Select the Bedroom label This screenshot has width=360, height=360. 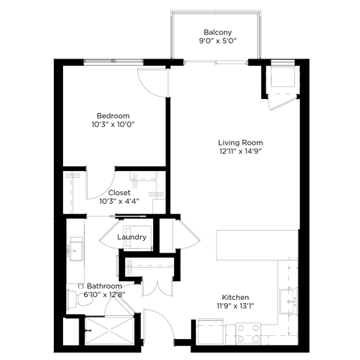pyautogui.click(x=112, y=115)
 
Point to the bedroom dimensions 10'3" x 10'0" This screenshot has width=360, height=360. pyautogui.click(x=112, y=125)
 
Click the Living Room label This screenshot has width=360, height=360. pyautogui.click(x=240, y=142)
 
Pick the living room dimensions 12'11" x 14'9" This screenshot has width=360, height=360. pyautogui.click(x=240, y=152)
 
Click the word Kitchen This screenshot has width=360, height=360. pyautogui.click(x=235, y=297)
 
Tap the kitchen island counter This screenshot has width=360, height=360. pyautogui.click(x=247, y=242)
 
